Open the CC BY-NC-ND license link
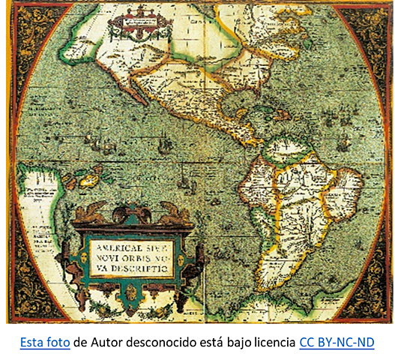coord(337,343)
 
